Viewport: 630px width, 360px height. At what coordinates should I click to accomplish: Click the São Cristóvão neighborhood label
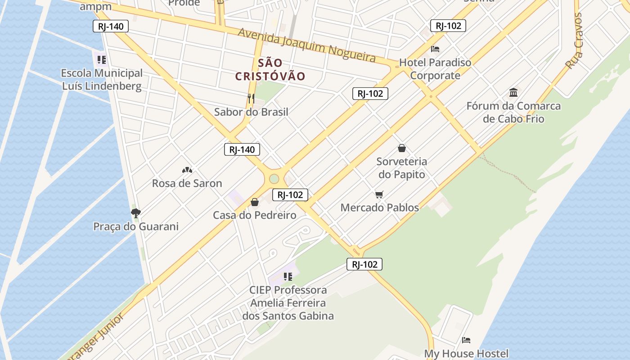click(270, 70)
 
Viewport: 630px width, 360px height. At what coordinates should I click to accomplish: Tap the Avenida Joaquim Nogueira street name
click(306, 45)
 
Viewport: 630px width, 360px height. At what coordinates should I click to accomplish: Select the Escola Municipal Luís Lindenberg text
click(101, 79)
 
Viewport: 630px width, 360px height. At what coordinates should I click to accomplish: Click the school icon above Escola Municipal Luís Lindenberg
click(101, 59)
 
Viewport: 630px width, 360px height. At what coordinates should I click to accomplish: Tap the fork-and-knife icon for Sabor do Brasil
click(251, 98)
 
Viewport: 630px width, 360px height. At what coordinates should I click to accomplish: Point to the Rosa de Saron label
click(187, 183)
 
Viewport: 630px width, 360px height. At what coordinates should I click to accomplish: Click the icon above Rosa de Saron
click(187, 170)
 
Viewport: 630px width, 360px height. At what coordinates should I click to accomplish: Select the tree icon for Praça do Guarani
click(135, 213)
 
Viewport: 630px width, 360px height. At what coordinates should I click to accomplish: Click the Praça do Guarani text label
click(135, 226)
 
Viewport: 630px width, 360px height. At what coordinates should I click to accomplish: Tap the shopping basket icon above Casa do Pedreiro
click(255, 202)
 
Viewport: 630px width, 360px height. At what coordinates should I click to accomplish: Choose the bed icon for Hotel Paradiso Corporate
click(435, 49)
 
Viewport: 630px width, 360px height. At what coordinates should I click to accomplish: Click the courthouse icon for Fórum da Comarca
click(513, 93)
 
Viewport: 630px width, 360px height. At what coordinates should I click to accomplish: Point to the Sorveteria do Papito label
click(401, 167)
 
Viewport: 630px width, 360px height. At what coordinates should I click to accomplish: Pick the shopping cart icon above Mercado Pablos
click(379, 194)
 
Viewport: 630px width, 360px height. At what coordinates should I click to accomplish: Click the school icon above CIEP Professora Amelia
click(288, 276)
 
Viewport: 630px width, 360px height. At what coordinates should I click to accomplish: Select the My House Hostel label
click(466, 354)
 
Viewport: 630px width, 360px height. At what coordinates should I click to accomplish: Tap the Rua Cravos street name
click(574, 40)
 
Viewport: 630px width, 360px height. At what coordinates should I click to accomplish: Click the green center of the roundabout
click(274, 179)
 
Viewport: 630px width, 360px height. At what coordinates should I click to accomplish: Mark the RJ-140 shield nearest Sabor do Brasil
click(242, 149)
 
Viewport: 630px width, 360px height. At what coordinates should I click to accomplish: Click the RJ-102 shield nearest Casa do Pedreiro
click(290, 195)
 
